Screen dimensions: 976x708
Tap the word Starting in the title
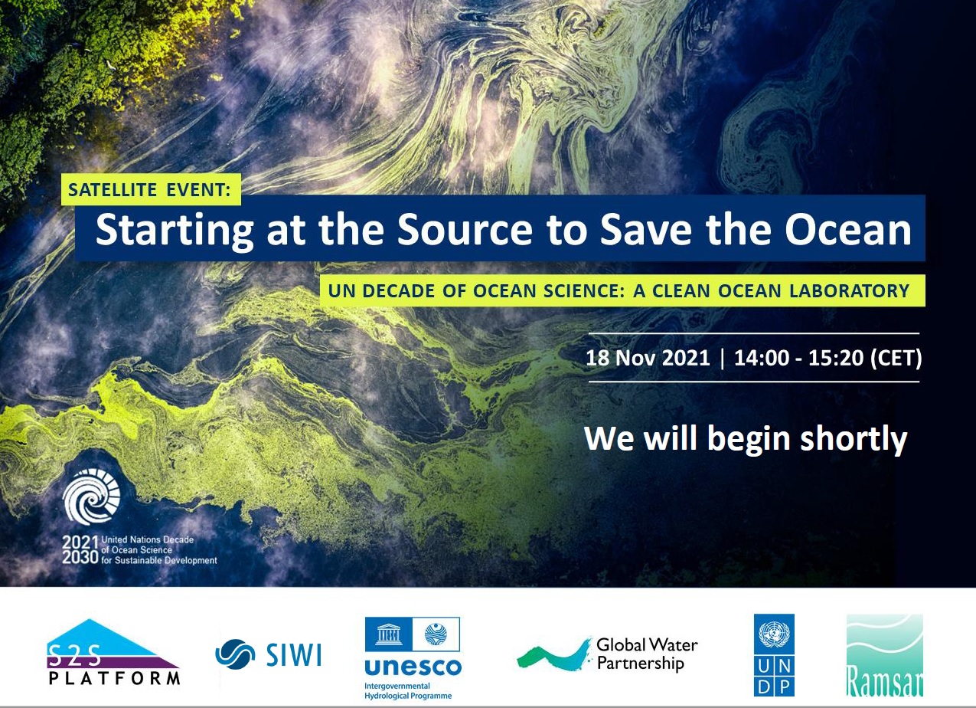click(175, 231)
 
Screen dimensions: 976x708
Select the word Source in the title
click(465, 229)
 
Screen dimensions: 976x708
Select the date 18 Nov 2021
click(648, 358)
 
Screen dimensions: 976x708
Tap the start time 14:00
click(762, 358)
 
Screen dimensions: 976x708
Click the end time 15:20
click(836, 358)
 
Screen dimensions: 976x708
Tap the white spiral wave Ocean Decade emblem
click(92, 497)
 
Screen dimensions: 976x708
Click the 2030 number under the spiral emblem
click(80, 557)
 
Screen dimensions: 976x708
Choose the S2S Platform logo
click(113, 652)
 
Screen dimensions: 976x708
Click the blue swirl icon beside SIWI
click(235, 654)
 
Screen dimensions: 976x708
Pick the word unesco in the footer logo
click(413, 667)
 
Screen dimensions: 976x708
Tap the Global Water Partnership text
click(647, 654)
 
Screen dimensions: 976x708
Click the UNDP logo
click(774, 655)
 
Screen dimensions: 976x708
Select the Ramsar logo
click(884, 655)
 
